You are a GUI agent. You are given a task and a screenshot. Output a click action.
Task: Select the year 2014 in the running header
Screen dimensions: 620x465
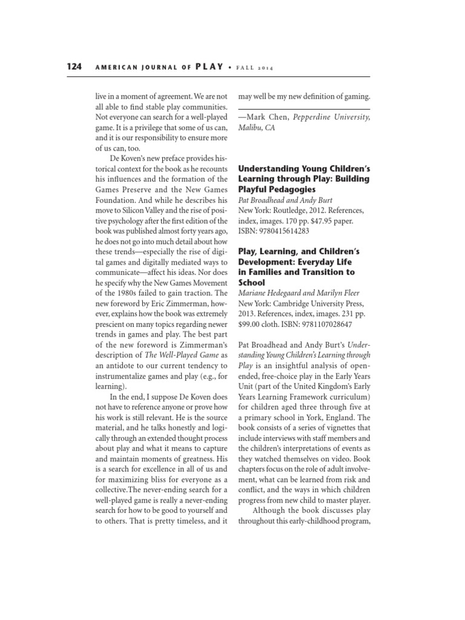(263, 68)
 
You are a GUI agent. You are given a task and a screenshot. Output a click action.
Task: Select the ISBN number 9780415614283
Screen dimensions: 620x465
(288, 231)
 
